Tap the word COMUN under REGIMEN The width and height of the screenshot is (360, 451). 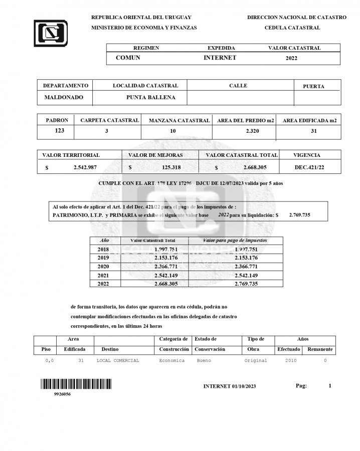tap(128, 58)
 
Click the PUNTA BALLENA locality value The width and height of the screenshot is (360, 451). tap(151, 98)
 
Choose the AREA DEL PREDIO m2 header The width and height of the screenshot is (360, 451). tap(246, 121)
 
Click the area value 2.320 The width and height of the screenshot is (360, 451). tap(253, 131)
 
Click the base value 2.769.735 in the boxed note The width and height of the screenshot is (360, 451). tap(299, 214)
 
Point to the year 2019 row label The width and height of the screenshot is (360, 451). tap(103, 258)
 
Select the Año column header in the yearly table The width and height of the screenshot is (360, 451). tap(104, 241)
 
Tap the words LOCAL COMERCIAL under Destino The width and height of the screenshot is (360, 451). tap(118, 360)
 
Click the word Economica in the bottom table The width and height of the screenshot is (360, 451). tap(172, 360)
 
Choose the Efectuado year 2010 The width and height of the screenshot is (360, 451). tap(290, 360)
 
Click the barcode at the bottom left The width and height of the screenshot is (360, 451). tap(76, 384)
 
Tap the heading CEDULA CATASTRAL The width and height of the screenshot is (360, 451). tap(292, 28)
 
